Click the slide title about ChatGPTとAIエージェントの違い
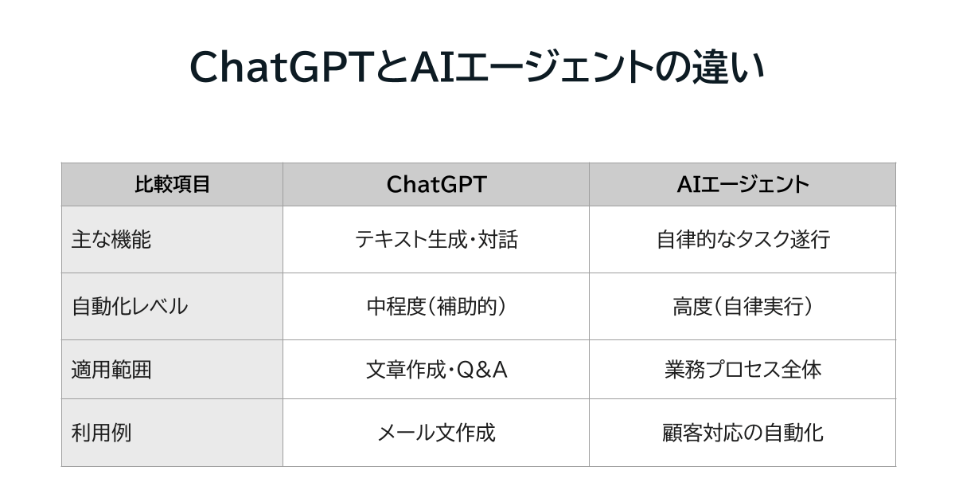[477, 69]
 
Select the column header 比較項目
[172, 185]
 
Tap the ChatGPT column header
[435, 185]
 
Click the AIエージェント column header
[742, 185]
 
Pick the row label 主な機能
[111, 240]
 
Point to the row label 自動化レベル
[130, 307]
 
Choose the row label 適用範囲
[111, 370]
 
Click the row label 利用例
[102, 433]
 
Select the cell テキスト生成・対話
[435, 240]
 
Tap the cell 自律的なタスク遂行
[742, 240]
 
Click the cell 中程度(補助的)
[435, 307]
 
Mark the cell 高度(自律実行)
[742, 307]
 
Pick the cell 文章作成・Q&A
[435, 370]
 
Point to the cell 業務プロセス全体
[742, 370]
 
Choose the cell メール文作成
[435, 433]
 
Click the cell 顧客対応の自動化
[742, 433]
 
